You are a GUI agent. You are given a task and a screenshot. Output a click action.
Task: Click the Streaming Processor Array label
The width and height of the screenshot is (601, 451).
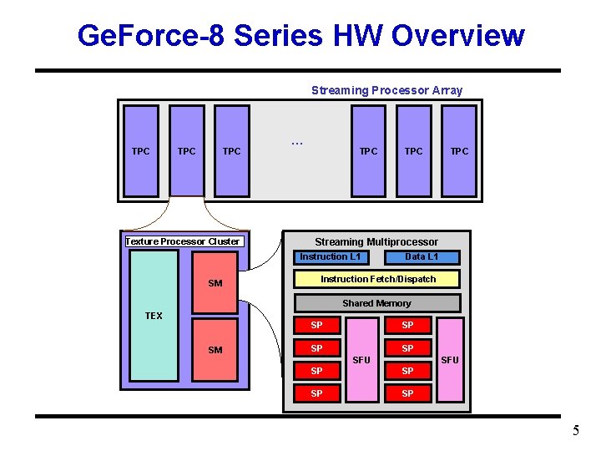tap(386, 90)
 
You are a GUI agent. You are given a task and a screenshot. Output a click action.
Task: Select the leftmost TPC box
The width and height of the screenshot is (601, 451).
tap(141, 150)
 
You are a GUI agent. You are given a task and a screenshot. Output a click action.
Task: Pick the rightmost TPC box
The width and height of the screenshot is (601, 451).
tap(459, 150)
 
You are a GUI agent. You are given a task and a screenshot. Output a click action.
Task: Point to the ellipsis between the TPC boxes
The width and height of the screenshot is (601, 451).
tap(296, 143)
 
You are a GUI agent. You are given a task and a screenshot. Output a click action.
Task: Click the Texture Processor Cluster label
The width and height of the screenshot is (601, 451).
tap(183, 241)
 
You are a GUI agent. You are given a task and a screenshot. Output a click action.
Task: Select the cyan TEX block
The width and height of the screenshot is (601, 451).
tap(154, 315)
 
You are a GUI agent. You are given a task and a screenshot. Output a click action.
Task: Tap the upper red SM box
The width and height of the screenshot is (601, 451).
tap(215, 283)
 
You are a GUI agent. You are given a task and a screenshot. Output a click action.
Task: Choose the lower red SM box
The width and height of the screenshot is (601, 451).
tap(215, 349)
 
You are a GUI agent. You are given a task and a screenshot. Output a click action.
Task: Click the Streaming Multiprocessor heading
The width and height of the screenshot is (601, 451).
tap(376, 241)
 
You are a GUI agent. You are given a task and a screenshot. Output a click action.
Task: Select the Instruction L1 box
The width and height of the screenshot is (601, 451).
tap(331, 256)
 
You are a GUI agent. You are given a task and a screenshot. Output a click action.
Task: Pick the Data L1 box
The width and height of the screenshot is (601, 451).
tap(421, 256)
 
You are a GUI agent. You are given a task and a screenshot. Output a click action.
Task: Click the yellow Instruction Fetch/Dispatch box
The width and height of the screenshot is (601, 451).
tap(378, 279)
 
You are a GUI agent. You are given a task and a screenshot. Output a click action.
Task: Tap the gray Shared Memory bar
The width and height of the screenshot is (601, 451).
tap(376, 303)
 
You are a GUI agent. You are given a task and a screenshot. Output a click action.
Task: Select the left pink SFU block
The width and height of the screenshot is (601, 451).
tap(361, 360)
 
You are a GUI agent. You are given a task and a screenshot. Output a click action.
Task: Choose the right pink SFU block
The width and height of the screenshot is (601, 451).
tap(450, 360)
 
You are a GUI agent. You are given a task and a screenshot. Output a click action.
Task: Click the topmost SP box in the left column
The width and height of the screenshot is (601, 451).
tap(316, 325)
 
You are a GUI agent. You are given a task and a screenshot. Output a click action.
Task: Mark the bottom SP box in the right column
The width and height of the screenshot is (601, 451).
tap(407, 393)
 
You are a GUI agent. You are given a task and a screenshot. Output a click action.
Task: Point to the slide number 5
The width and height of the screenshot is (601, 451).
tap(575, 432)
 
